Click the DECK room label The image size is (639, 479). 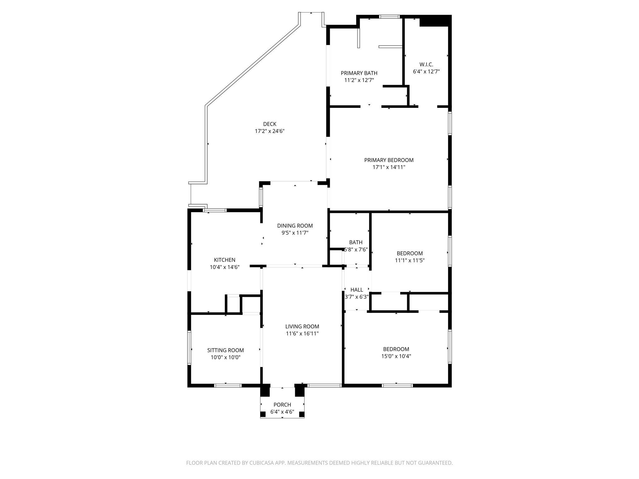[x=270, y=124]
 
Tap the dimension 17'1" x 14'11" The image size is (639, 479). [x=389, y=167]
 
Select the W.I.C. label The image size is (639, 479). [x=426, y=65]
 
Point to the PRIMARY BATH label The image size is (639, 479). [x=359, y=73]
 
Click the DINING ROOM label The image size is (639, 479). [x=295, y=226]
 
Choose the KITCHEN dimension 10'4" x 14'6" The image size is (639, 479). [x=225, y=267]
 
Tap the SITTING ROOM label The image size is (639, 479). [x=225, y=351]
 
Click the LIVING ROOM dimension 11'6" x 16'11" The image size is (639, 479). [x=302, y=334]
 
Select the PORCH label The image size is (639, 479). [x=282, y=405]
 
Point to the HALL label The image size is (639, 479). [x=357, y=290]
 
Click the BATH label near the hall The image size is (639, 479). [x=356, y=242]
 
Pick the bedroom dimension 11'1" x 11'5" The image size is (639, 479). [x=410, y=260]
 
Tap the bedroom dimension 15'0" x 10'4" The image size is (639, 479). [x=396, y=356]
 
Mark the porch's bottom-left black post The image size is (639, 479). [x=263, y=414]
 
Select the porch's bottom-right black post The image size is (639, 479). [x=301, y=414]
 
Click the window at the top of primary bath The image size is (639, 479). [x=389, y=17]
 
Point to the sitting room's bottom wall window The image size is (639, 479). [x=228, y=385]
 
